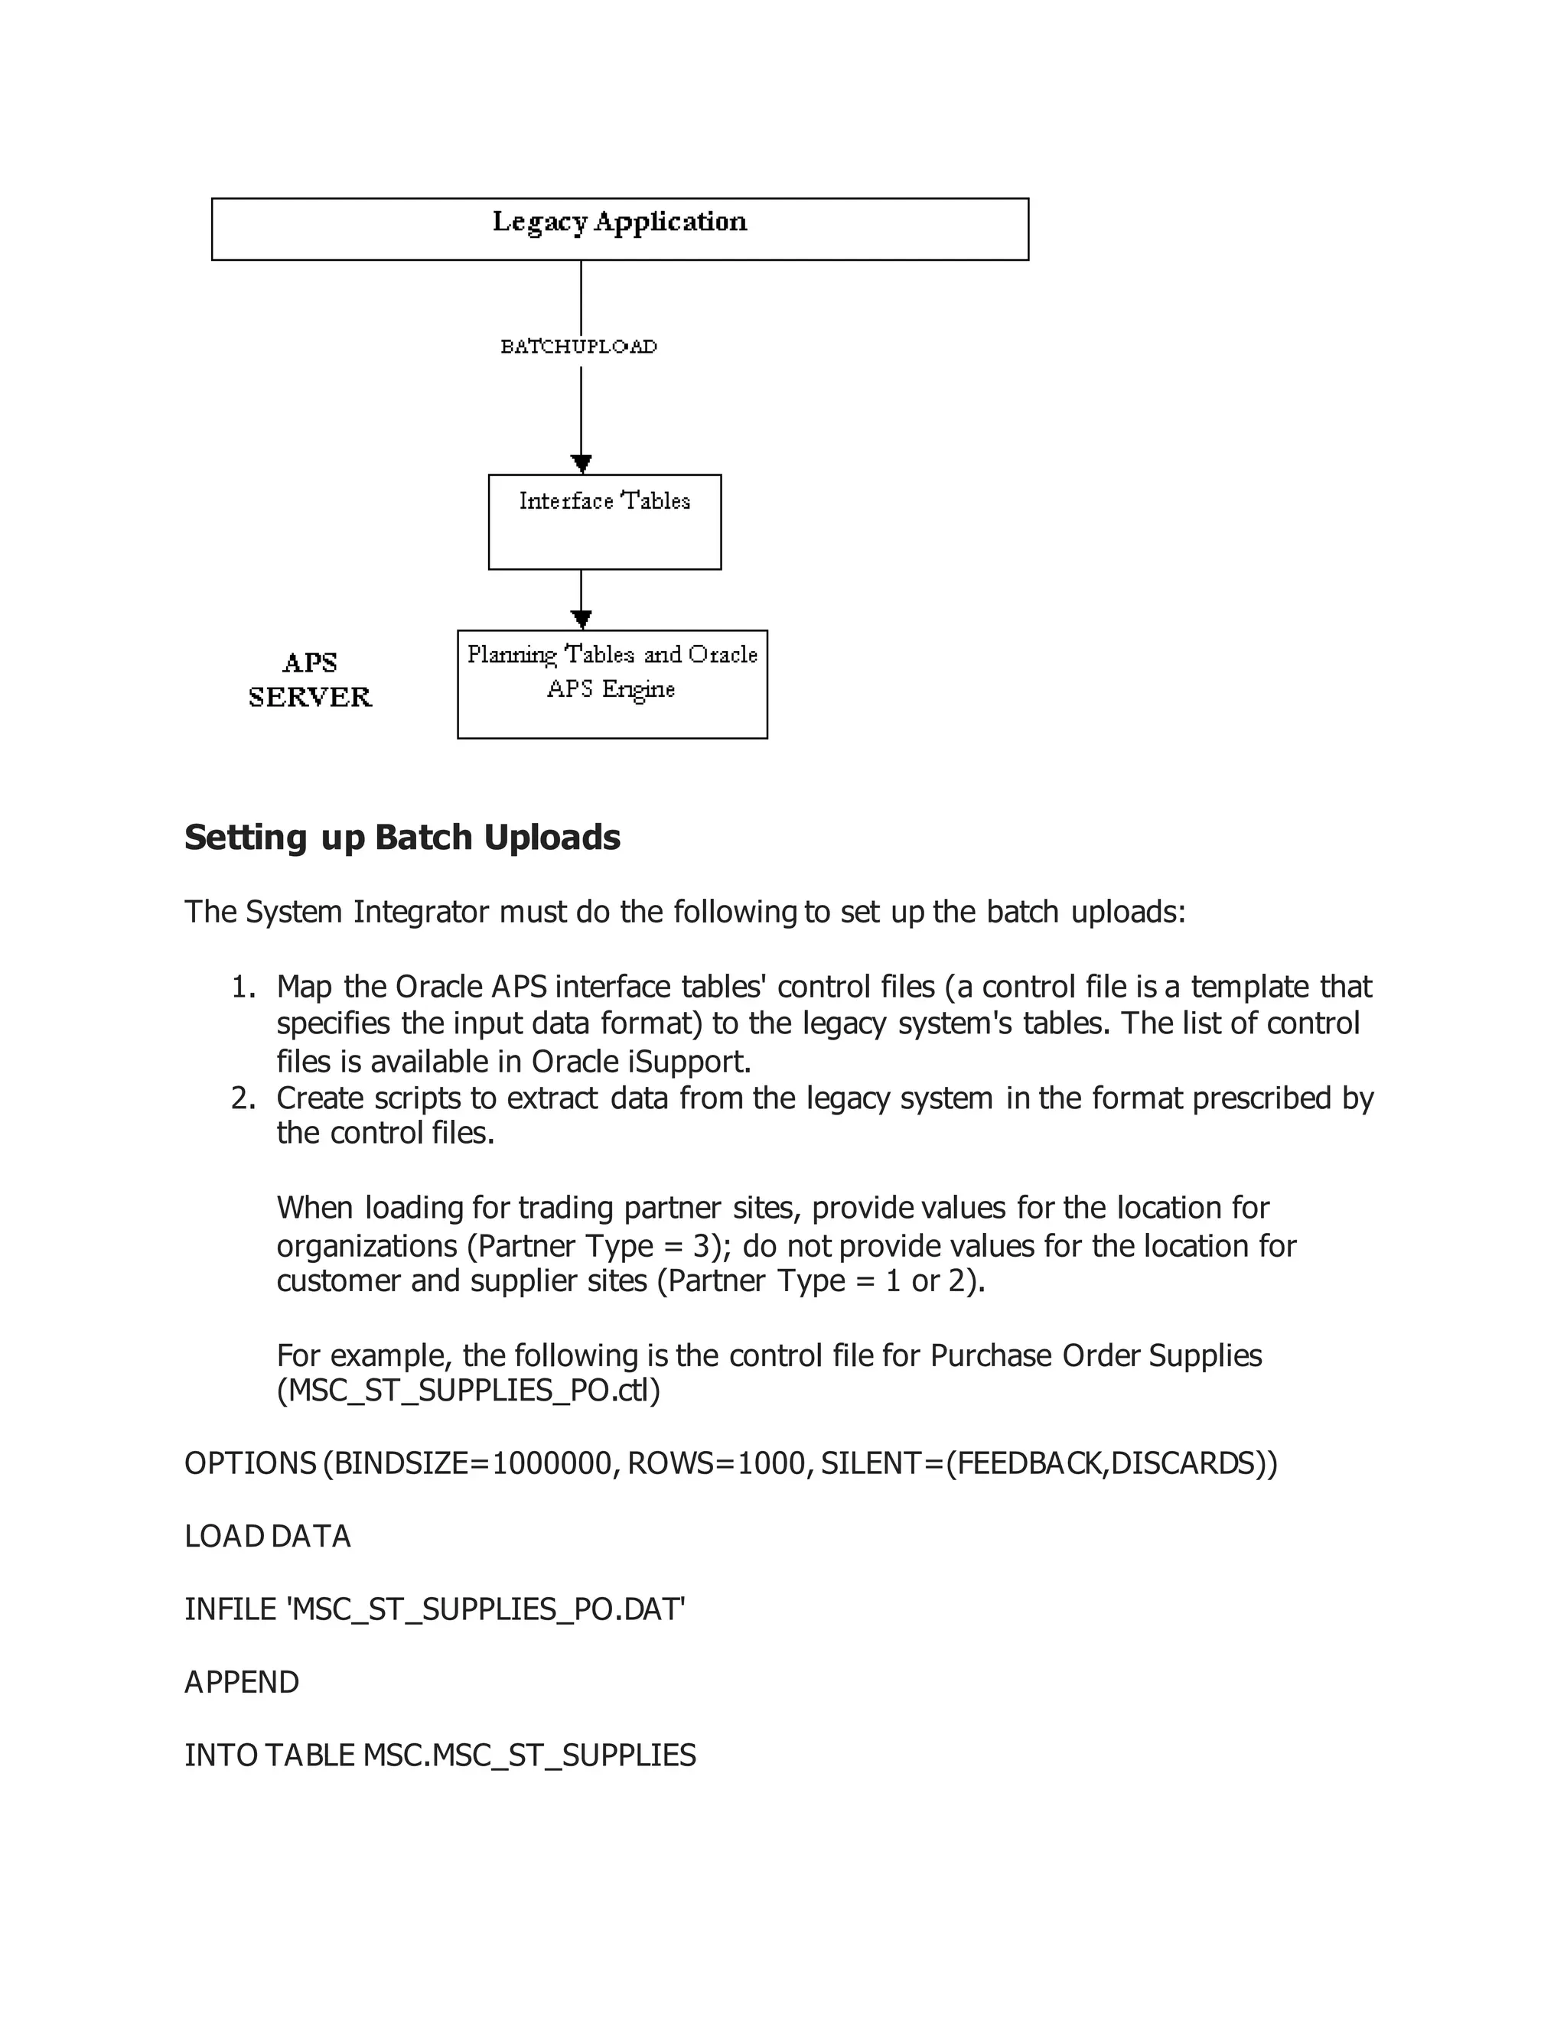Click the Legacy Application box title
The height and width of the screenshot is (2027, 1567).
coord(619,222)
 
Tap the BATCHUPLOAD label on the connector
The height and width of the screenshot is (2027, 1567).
coord(579,347)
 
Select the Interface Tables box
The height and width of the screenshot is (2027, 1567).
coord(604,522)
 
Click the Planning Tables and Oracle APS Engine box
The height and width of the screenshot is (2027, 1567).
coord(612,684)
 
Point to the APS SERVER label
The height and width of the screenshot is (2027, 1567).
coord(310,679)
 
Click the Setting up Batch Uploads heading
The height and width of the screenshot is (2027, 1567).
coord(402,837)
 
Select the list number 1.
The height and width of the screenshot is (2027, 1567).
coord(243,987)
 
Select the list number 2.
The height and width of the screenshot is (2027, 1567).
coord(243,1098)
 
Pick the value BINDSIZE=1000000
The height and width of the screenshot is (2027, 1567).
coord(471,1463)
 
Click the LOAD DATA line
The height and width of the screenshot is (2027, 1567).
coord(267,1536)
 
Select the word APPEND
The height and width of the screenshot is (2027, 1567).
coord(241,1682)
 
